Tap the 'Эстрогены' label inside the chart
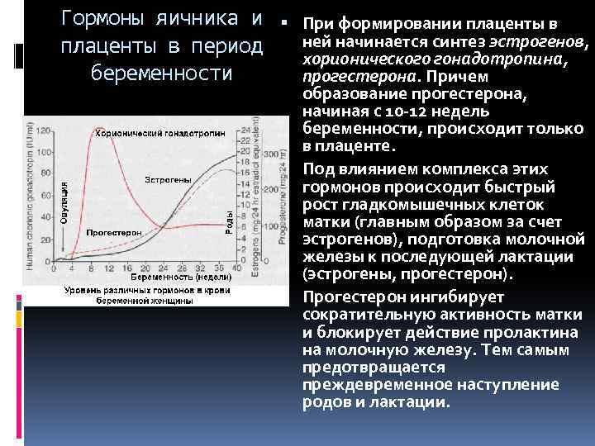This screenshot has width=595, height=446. point(169,179)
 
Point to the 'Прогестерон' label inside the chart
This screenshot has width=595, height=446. point(114,233)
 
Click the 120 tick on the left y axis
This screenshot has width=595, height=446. point(44,130)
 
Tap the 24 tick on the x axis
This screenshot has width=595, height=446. point(169,268)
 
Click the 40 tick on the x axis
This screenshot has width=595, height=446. point(236,268)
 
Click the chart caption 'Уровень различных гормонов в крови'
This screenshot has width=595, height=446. point(146,291)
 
